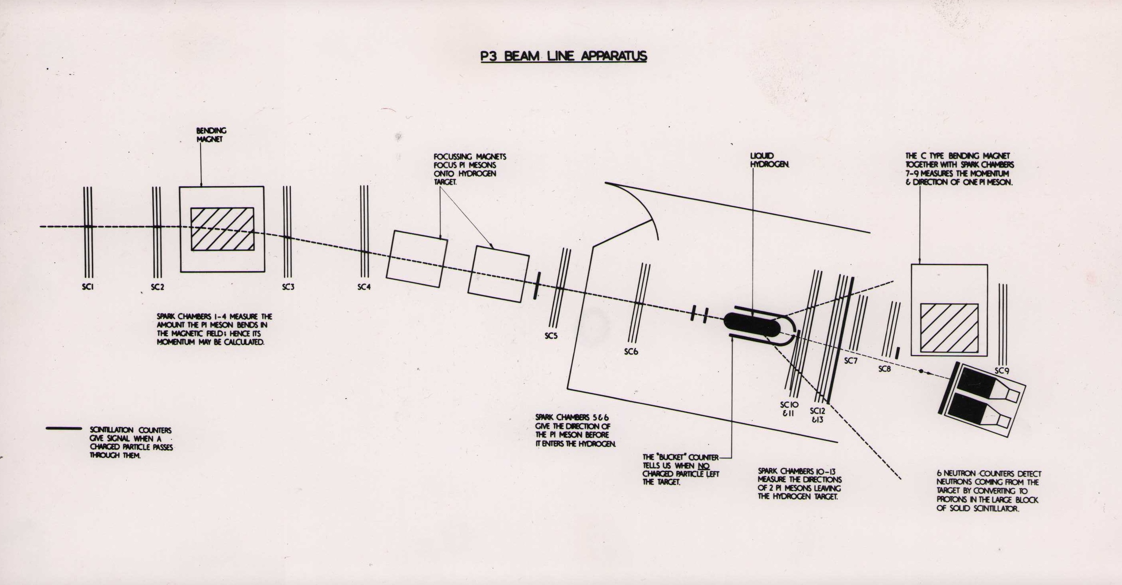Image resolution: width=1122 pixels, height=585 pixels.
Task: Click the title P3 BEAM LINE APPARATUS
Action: [564, 57]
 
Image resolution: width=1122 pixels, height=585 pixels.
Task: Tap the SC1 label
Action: [88, 287]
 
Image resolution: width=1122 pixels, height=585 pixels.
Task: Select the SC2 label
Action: [158, 287]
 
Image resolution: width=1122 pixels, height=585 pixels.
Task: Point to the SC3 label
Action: [288, 287]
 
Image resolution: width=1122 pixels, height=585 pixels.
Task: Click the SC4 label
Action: [364, 287]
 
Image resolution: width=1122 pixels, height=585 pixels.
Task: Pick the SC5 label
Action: [551, 336]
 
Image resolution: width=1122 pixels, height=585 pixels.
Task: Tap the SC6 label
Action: [631, 351]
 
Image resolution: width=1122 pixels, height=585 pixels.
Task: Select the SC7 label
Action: [851, 361]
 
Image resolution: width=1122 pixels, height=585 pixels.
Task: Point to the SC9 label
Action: [1002, 370]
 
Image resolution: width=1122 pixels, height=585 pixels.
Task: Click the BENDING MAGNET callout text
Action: [211, 135]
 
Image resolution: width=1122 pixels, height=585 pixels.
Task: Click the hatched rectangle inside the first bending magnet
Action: [222, 229]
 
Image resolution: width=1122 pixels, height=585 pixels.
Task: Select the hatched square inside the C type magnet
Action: [949, 328]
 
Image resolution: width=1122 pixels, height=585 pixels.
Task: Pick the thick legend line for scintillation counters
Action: [64, 429]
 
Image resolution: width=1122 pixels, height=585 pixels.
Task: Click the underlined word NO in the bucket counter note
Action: [703, 466]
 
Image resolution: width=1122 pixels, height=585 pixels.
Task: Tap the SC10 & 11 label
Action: [789, 409]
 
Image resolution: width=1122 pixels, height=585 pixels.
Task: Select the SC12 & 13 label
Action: [818, 415]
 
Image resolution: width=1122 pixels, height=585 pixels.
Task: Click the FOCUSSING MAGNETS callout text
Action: [469, 169]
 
